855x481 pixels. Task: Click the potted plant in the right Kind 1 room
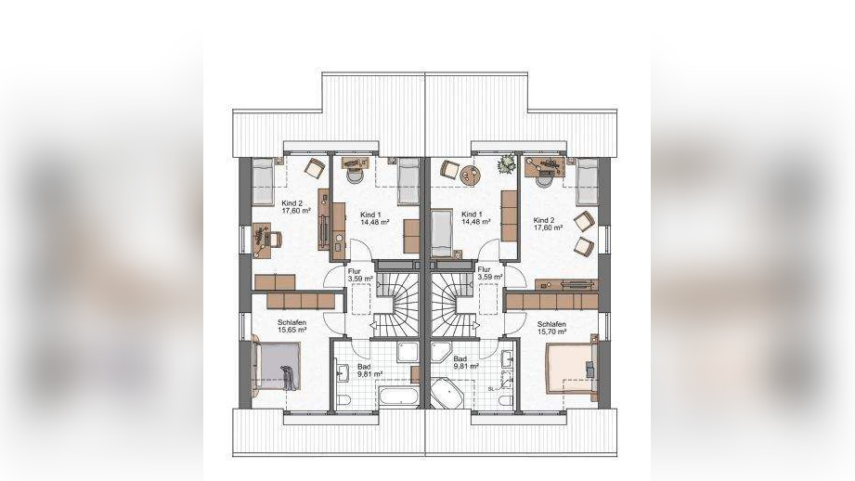(507, 163)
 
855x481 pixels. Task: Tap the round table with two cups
(471, 175)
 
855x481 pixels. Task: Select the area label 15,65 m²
(291, 330)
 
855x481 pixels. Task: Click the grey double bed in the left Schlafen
(277, 365)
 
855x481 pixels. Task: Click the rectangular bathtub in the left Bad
(400, 396)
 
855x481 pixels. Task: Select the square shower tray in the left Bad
(408, 352)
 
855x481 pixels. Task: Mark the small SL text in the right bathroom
(491, 388)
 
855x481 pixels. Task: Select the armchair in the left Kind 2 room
(315, 167)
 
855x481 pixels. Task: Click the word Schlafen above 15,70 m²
(551, 324)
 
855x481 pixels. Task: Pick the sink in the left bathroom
(343, 372)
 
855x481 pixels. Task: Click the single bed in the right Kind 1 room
(441, 233)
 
